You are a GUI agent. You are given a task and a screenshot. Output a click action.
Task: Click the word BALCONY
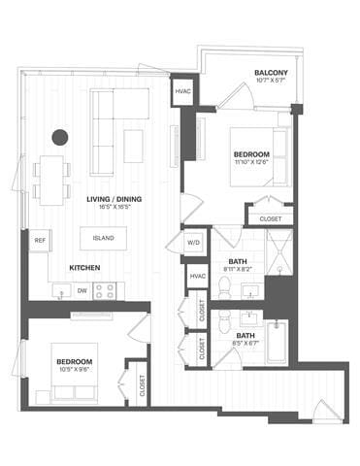(x=269, y=73)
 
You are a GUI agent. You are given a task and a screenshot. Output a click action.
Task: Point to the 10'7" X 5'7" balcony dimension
(x=269, y=82)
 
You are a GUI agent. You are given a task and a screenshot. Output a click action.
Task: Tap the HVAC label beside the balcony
(x=182, y=91)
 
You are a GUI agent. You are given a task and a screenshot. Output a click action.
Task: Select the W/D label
(x=193, y=243)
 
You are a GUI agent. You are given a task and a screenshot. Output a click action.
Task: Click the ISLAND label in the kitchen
(x=104, y=236)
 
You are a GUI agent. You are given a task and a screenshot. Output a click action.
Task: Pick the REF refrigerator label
(x=40, y=240)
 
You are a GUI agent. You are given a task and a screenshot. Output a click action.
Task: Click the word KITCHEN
(x=86, y=266)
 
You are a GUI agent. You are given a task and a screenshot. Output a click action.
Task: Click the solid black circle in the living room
(x=60, y=137)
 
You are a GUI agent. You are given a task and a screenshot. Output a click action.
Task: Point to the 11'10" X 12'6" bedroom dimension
(x=252, y=163)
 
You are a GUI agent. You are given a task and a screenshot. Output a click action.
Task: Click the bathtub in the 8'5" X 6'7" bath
(x=278, y=343)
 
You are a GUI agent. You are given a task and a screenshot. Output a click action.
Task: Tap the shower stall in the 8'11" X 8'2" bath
(x=278, y=254)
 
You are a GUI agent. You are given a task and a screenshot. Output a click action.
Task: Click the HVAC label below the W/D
(x=197, y=278)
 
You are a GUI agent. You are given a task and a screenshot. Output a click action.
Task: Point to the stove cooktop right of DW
(x=104, y=289)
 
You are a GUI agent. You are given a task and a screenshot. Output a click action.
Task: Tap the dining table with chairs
(x=51, y=178)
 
